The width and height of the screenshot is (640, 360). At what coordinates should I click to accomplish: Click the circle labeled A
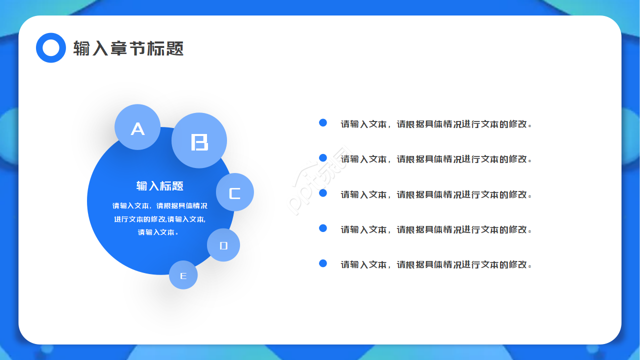(137, 127)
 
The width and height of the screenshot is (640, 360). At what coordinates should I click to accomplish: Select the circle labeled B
(199, 140)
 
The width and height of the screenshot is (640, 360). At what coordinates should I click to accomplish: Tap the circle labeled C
(235, 192)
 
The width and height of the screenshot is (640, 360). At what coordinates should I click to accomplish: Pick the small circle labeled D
(223, 245)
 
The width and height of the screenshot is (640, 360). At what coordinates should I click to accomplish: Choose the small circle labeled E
(183, 275)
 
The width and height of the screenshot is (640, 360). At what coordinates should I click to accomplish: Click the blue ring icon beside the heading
(51, 47)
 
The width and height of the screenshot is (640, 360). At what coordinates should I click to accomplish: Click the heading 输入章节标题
(128, 48)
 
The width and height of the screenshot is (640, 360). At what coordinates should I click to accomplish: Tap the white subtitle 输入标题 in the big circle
(159, 186)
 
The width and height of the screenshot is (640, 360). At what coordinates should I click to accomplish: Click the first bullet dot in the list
(323, 123)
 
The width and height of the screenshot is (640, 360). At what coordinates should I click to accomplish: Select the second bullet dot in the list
(323, 157)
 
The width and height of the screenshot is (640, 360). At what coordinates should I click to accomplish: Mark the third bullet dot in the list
(323, 193)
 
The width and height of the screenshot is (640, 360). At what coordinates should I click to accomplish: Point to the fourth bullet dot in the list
(323, 228)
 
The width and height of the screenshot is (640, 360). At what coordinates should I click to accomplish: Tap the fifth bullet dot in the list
(323, 263)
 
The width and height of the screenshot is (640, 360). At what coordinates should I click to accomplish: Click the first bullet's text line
(436, 124)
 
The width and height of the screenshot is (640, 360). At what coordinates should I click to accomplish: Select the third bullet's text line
(436, 194)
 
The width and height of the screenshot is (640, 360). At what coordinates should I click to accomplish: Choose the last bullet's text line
(436, 264)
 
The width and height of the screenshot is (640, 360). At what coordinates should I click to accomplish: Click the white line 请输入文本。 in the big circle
(158, 232)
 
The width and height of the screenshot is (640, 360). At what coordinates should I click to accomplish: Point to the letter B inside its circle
(199, 142)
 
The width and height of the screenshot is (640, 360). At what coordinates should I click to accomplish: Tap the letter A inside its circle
(137, 129)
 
